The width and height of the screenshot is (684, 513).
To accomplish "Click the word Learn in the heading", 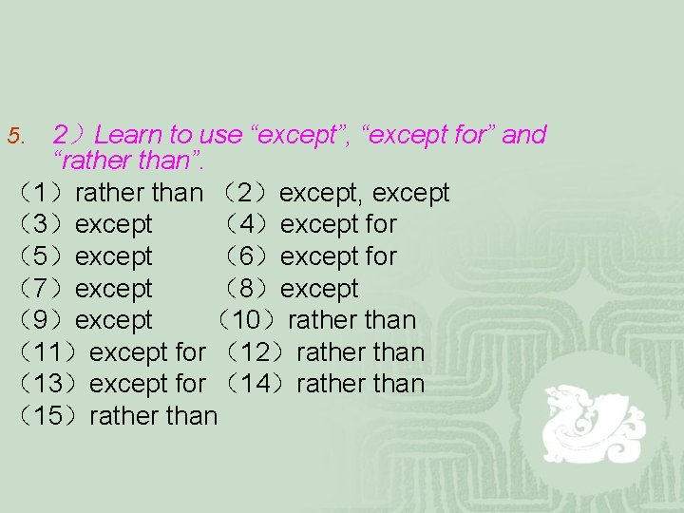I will coord(129,135).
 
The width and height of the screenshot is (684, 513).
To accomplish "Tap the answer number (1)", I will coord(43,193).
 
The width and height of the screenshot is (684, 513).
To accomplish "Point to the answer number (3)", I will coord(43,225).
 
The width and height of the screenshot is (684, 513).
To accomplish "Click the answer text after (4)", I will coord(338,225).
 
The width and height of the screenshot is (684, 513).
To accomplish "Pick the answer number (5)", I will coord(43,256).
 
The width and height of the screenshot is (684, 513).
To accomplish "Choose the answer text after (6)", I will coord(338,256).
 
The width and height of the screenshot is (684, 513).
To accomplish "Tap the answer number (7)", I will coord(43,289).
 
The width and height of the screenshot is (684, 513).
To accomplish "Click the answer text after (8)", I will coord(319,289).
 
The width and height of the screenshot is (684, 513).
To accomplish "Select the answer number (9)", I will coord(43,320).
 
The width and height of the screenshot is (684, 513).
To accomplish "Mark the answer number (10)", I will coord(249,320).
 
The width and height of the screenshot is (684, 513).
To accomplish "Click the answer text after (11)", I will coord(147,352).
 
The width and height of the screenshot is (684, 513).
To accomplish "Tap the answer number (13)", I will coord(50,384).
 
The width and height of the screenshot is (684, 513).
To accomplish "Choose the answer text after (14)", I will coord(361,384).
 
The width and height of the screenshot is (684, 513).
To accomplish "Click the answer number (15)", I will coord(50,416).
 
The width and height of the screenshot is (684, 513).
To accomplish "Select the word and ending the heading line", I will coord(523,135).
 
